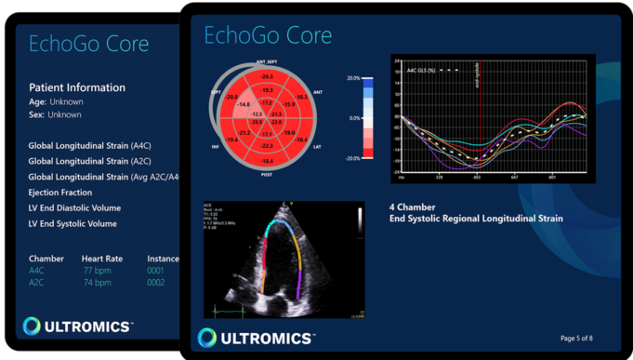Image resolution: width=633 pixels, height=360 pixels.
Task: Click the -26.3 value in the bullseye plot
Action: click(267, 76)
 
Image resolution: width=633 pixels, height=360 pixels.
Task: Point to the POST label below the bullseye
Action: click(266, 174)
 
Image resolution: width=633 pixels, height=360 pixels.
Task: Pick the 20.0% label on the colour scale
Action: click(352, 79)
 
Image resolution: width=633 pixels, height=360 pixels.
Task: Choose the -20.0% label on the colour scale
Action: click(351, 158)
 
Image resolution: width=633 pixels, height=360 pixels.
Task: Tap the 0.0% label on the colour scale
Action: click(353, 119)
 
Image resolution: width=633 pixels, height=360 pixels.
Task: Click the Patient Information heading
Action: click(77, 87)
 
